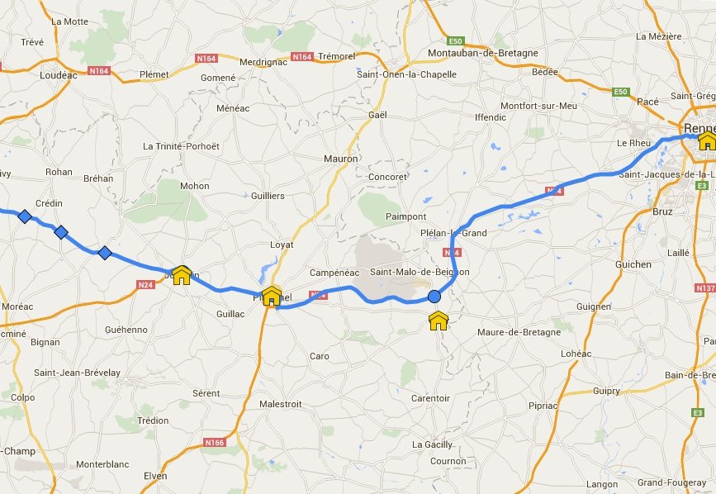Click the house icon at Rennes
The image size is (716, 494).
(706, 141)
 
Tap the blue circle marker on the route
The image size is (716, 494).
(434, 297)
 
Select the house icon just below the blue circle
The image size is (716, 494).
(439, 321)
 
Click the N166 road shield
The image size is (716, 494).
(214, 443)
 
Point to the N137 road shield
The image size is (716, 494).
(705, 288)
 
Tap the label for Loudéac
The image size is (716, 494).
(57, 74)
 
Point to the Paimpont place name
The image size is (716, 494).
(405, 216)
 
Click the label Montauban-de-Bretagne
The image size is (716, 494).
(483, 53)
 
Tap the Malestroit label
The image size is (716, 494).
(280, 404)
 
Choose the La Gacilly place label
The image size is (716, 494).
(433, 444)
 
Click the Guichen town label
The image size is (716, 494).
(633, 264)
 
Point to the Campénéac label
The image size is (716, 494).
(335, 273)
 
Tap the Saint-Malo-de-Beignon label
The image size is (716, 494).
(420, 272)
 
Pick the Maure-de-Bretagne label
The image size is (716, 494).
(519, 332)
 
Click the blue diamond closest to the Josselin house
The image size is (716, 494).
(105, 253)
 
